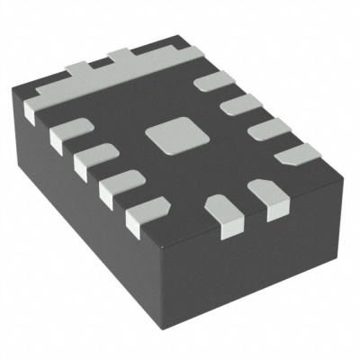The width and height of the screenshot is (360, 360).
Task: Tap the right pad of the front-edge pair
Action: click(x=265, y=193)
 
